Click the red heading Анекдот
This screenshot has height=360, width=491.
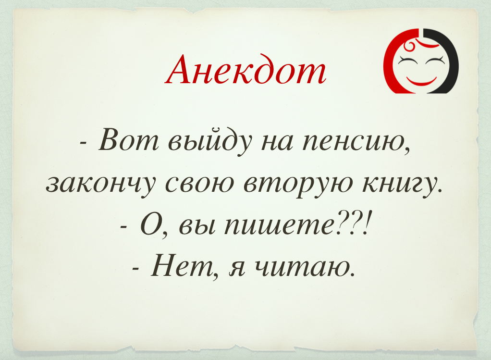[245, 70]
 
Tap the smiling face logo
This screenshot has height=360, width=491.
[421, 61]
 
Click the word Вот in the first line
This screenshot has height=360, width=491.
[128, 140]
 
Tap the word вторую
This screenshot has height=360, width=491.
[297, 185]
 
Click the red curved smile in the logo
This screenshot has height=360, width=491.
[421, 80]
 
